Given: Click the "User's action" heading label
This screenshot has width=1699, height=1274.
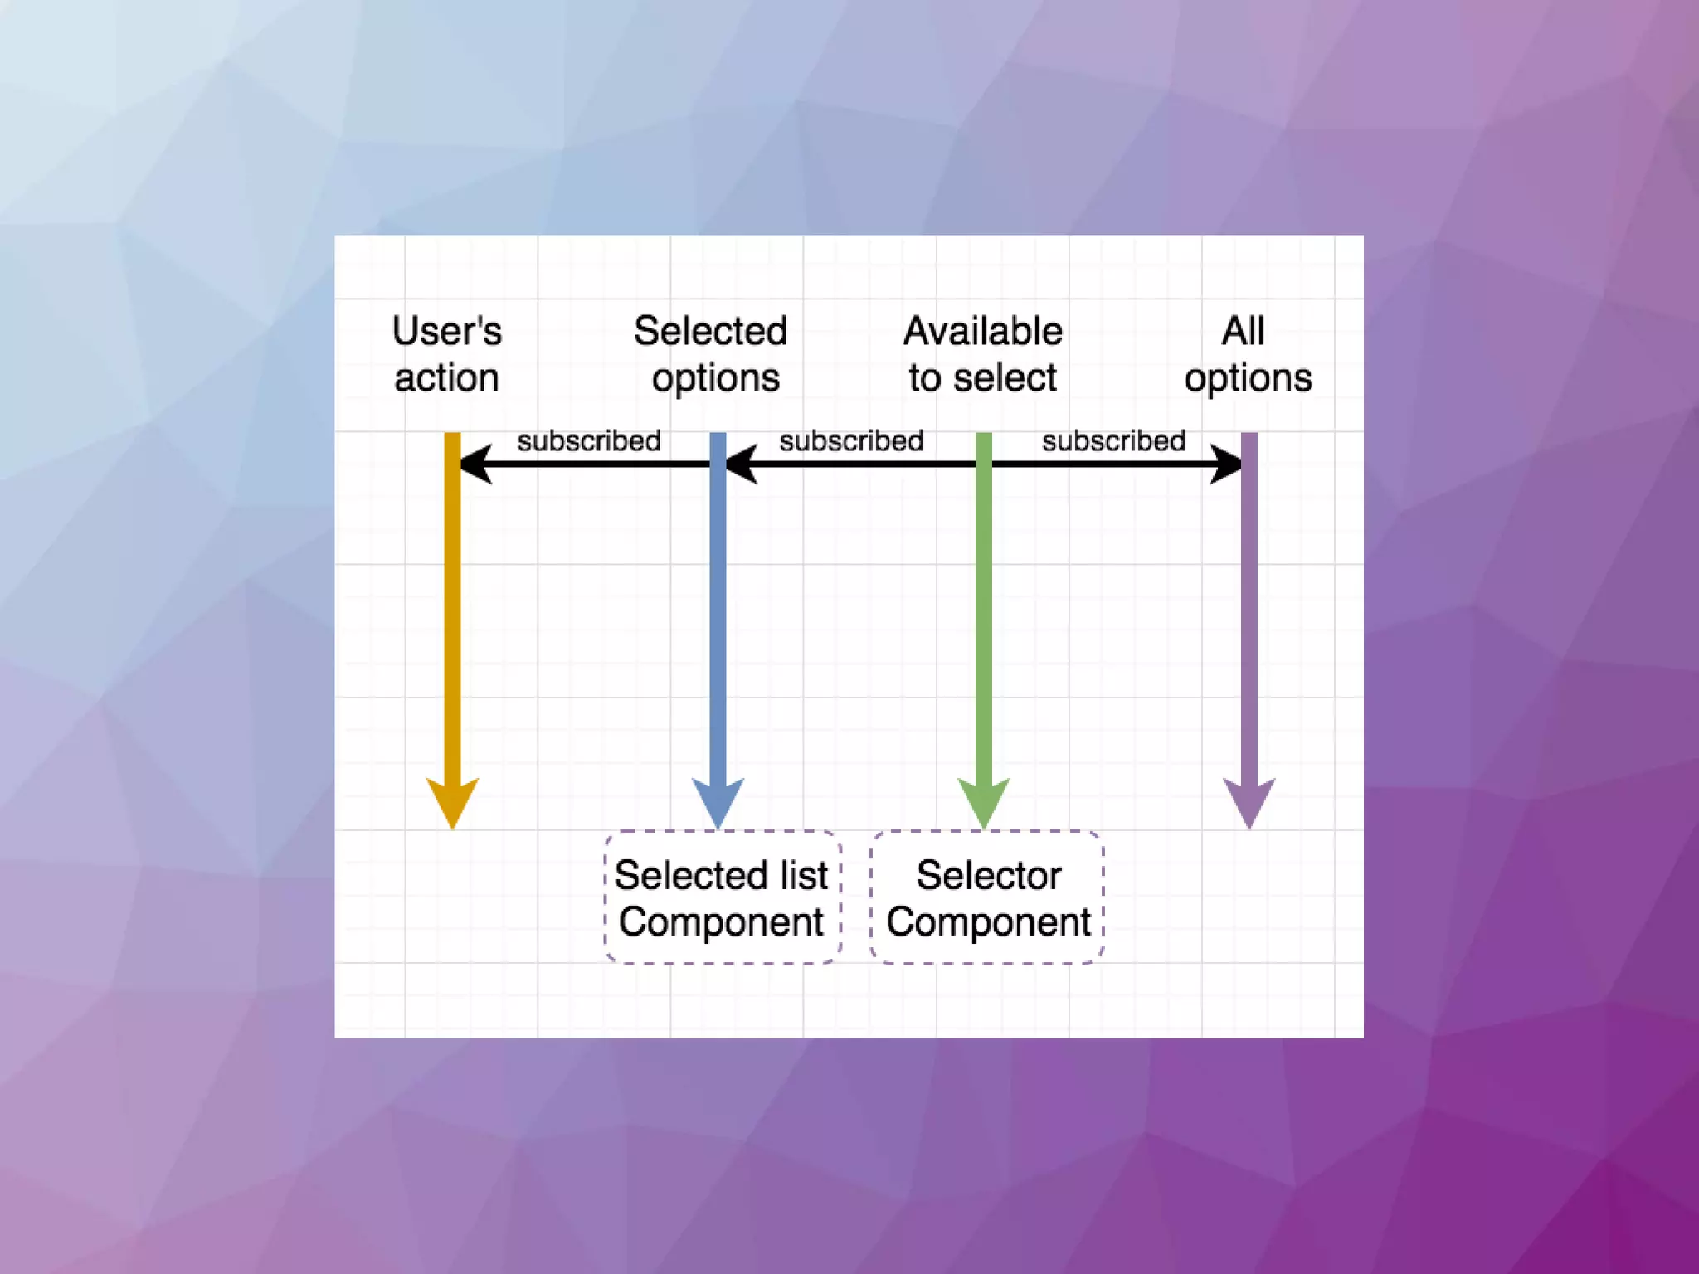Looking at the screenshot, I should [446, 354].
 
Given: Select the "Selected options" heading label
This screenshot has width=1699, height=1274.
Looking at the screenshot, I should [712, 354].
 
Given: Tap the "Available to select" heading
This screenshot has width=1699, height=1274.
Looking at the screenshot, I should [983, 354].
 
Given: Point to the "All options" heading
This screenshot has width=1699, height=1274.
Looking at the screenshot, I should [1248, 354].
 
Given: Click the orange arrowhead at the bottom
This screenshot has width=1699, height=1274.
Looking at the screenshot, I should [452, 800].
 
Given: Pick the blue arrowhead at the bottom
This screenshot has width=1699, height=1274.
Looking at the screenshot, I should [718, 800].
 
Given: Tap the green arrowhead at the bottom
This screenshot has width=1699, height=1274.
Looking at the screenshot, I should [984, 800].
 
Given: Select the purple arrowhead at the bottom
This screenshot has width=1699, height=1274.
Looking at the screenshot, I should [1249, 800].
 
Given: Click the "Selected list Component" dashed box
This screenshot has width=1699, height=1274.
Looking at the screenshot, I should [722, 897].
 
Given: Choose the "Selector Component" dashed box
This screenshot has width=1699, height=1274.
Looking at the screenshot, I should [987, 897].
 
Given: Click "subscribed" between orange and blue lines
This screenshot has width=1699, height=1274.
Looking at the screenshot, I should [589, 440].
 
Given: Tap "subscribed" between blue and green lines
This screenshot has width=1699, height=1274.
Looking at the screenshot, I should [851, 440].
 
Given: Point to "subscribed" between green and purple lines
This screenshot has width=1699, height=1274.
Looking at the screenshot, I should [1113, 440].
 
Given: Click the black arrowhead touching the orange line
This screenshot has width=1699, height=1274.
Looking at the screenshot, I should [475, 464].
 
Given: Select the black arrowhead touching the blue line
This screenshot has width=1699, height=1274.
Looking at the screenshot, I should [741, 464].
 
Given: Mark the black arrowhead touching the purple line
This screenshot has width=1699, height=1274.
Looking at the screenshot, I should [1226, 464].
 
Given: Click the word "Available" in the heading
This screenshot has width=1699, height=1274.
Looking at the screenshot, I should [983, 331].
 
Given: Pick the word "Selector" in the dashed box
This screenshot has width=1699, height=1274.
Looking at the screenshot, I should [988, 875].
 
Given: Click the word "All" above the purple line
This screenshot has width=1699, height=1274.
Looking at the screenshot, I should [1243, 331].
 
